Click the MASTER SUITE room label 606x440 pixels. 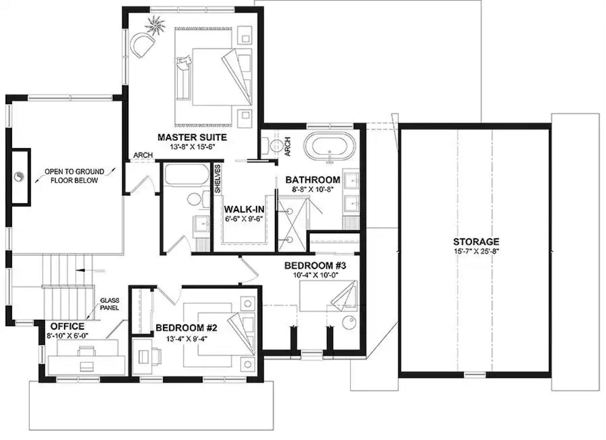[x=192, y=137]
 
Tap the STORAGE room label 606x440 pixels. [x=476, y=242]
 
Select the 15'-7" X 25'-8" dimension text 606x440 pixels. [x=476, y=251]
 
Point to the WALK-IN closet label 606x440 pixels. [x=244, y=209]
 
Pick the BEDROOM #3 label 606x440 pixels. [x=315, y=265]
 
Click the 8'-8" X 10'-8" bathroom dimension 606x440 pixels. [x=313, y=190]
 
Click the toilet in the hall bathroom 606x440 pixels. [x=194, y=199]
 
